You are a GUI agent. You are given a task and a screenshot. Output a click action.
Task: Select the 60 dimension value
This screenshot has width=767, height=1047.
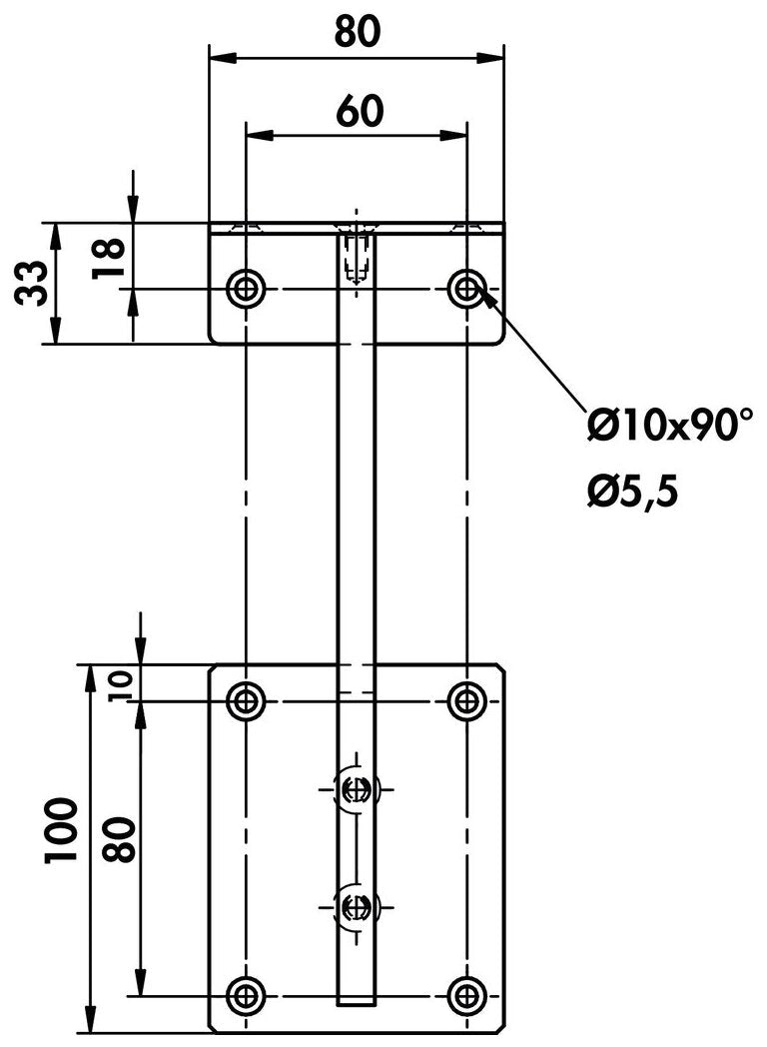[x=357, y=111]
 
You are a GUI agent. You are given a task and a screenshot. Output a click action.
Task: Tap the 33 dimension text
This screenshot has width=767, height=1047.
[x=31, y=283]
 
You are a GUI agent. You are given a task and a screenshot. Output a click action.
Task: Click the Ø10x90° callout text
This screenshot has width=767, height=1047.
[x=670, y=427]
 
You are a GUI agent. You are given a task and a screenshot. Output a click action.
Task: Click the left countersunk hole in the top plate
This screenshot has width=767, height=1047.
[x=245, y=289]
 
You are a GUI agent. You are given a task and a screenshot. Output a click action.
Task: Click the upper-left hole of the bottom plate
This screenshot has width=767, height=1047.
[x=245, y=700]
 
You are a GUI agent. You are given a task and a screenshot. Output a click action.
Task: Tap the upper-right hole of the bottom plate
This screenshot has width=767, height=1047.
[x=466, y=700]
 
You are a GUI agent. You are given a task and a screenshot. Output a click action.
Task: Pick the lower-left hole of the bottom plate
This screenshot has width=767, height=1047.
[x=245, y=994]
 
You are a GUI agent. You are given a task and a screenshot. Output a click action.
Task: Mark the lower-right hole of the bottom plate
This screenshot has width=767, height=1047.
[x=466, y=994]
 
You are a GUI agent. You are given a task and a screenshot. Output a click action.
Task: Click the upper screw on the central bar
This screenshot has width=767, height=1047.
[x=355, y=789]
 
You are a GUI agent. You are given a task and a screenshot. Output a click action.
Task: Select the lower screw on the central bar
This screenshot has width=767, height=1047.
[x=355, y=906]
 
